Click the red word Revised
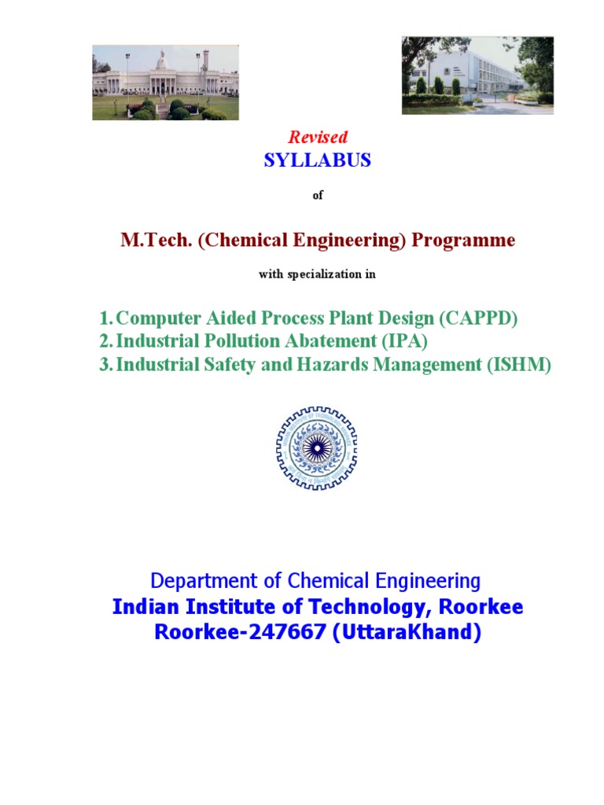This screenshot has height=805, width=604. [318, 138]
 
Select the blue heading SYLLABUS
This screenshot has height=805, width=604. [318, 160]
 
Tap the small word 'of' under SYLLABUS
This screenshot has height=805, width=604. [318, 196]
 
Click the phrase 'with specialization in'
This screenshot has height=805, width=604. [318, 274]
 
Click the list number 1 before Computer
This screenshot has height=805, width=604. [104, 319]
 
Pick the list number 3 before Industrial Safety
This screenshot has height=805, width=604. [104, 365]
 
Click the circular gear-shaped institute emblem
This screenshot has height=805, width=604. [316, 448]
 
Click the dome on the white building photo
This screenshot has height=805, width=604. [162, 61]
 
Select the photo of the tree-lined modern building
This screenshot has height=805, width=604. [477, 75]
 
